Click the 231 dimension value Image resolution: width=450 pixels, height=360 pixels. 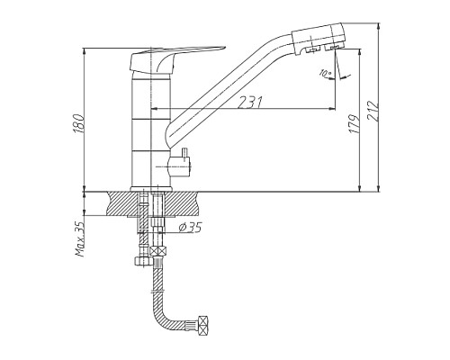250,102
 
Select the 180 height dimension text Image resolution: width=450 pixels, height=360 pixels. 78,123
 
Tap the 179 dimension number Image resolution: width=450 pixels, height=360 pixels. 355,123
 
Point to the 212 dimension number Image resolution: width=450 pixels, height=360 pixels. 373,112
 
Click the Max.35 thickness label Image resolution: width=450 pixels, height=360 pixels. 80,239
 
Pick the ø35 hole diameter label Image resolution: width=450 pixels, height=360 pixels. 191,228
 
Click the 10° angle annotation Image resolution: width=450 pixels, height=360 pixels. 325,73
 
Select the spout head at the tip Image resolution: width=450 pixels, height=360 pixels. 318,38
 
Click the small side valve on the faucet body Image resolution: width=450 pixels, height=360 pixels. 180,164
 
